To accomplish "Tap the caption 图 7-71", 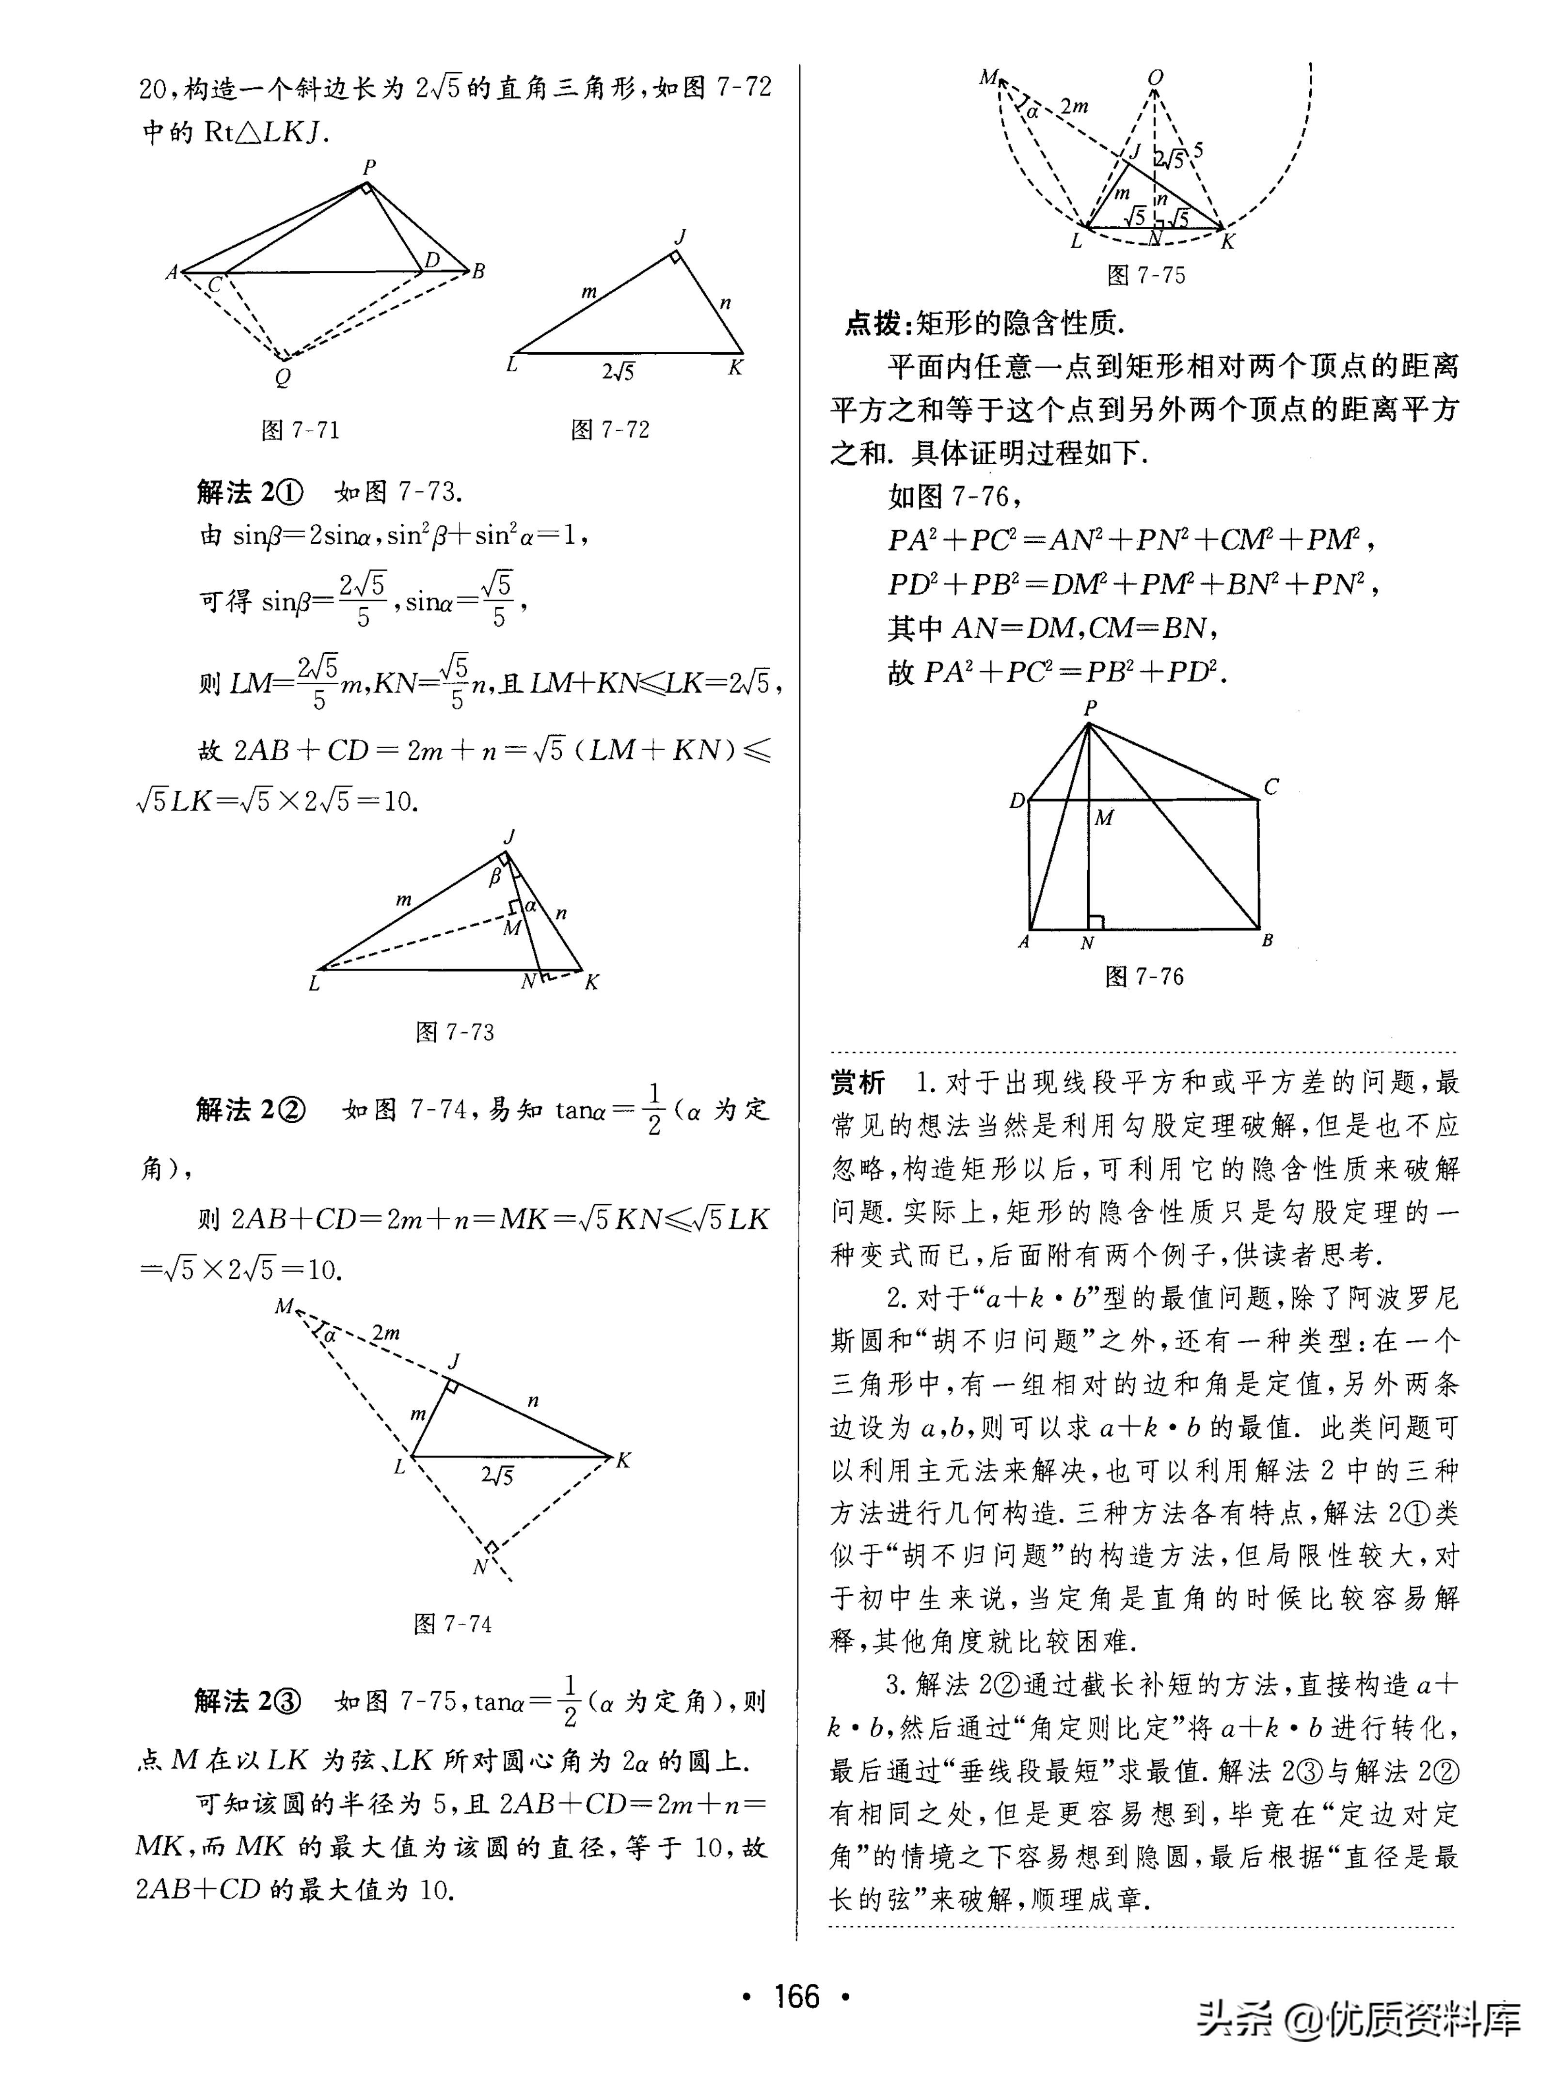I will click(300, 430).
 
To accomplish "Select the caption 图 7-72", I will click(610, 430).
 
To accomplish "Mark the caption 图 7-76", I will click(1144, 977).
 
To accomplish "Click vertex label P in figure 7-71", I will click(369, 167).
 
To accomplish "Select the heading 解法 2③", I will click(249, 1702).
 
